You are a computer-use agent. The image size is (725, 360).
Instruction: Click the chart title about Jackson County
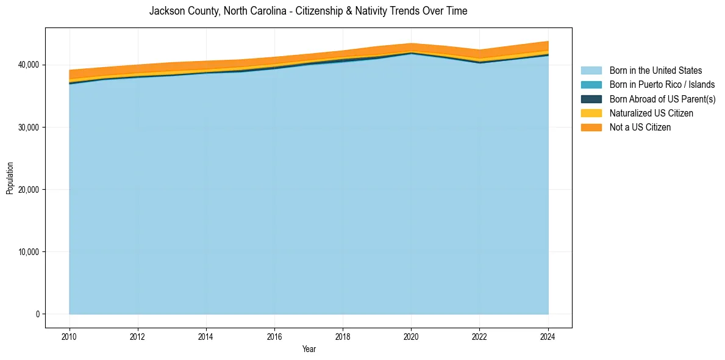308,11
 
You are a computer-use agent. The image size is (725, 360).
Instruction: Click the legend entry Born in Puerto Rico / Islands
662,85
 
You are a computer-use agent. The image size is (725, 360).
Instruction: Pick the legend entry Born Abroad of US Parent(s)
662,99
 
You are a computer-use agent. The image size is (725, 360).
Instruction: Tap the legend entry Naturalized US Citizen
651,113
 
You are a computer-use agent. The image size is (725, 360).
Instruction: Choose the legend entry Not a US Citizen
640,128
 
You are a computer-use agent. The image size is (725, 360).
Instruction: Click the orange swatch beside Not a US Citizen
591,128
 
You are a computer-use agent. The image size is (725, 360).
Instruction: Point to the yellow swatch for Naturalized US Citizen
591,113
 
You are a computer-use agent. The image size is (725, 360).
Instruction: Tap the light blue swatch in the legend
591,71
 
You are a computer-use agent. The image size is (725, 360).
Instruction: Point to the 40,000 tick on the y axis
28,65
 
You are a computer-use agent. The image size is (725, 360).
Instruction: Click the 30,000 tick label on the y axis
28,128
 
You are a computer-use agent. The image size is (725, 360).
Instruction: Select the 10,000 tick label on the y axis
28,252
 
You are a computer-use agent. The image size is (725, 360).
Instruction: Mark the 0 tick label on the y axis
37,314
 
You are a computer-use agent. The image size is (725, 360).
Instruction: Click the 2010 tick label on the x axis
70,336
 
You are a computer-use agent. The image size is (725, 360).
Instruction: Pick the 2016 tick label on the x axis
274,336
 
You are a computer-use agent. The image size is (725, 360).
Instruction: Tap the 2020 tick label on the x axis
411,336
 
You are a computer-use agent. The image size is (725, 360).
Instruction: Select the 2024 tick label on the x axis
548,336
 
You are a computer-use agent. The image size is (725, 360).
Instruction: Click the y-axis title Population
10,178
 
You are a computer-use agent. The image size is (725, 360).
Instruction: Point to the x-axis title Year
309,349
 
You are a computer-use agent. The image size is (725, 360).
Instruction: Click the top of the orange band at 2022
480,50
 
